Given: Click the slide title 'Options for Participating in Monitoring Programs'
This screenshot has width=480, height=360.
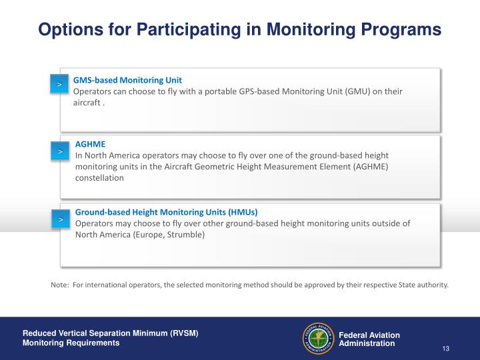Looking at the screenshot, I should (x=239, y=30).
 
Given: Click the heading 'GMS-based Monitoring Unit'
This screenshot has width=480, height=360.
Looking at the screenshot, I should (x=127, y=79).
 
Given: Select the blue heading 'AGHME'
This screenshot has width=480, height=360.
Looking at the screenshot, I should (x=90, y=144).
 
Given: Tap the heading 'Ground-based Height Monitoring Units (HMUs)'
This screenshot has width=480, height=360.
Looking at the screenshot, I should (x=166, y=211).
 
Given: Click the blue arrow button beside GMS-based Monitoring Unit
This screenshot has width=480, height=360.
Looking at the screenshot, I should (x=59, y=85).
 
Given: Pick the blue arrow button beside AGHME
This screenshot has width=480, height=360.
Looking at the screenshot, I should (x=59, y=152).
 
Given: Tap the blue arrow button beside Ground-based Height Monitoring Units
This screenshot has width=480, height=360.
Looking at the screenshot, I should (x=59, y=219).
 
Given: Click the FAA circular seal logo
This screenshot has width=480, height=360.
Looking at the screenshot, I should (x=318, y=339).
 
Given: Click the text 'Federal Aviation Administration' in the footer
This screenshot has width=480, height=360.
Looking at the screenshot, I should (x=369, y=339).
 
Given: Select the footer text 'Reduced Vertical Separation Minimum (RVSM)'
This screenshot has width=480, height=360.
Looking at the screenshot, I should (x=111, y=333).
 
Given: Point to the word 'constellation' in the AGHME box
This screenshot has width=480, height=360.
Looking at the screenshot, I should (x=99, y=178).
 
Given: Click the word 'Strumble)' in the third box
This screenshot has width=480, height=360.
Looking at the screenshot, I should (x=187, y=235).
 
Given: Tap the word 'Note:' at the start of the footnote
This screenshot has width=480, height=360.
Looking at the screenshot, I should (x=60, y=285).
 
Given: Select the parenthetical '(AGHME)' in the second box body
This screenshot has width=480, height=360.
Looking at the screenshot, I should (x=370, y=167).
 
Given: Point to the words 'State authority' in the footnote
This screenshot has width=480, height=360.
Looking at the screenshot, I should (x=423, y=285).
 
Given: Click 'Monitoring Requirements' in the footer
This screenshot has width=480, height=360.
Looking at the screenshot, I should (x=71, y=343).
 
